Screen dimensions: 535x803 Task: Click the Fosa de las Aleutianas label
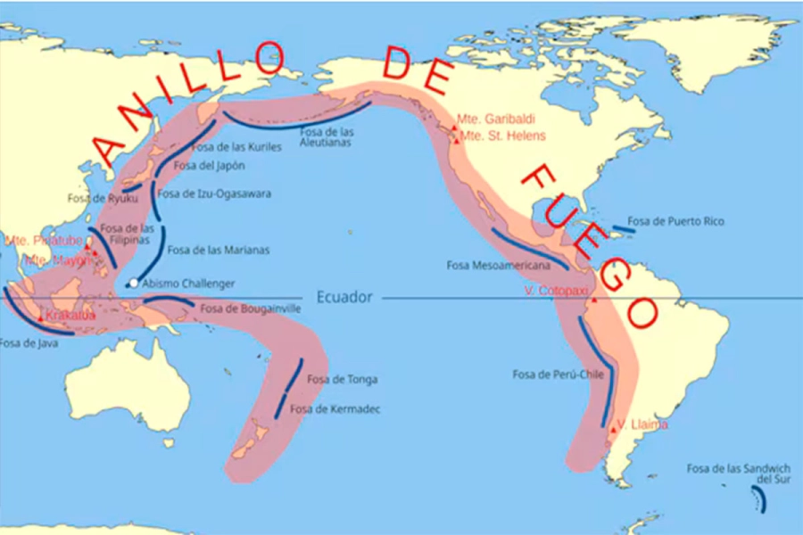tap(327, 136)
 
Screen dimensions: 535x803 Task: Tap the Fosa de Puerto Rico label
tap(676, 221)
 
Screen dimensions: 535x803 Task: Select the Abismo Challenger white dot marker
tap(133, 284)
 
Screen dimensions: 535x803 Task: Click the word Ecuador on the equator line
tap(344, 297)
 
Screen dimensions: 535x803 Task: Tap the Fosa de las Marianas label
tap(218, 251)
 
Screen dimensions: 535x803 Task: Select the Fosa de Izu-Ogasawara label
tap(214, 193)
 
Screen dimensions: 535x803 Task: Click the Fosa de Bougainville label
tap(250, 309)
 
